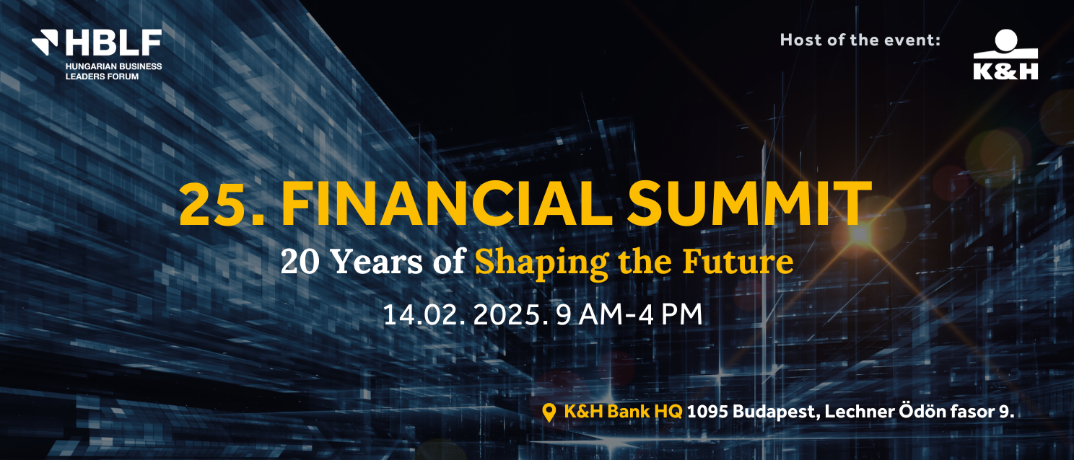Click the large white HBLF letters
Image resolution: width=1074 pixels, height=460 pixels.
[114, 43]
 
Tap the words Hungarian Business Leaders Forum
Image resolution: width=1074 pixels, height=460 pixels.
[113, 71]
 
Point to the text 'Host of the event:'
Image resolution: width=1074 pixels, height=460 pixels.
[860, 40]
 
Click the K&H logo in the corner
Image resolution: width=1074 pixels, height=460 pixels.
[1005, 54]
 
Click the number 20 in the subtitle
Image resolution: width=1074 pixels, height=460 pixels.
[300, 262]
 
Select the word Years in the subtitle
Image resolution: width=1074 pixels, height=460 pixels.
[377, 262]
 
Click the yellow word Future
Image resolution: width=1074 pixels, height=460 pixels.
[738, 262]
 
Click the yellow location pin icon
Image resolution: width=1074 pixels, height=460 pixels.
[549, 412]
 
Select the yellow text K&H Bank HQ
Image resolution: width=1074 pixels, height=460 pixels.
[623, 412]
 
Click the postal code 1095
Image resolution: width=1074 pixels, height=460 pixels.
[707, 412]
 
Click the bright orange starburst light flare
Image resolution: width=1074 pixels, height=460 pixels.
[859, 234]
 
